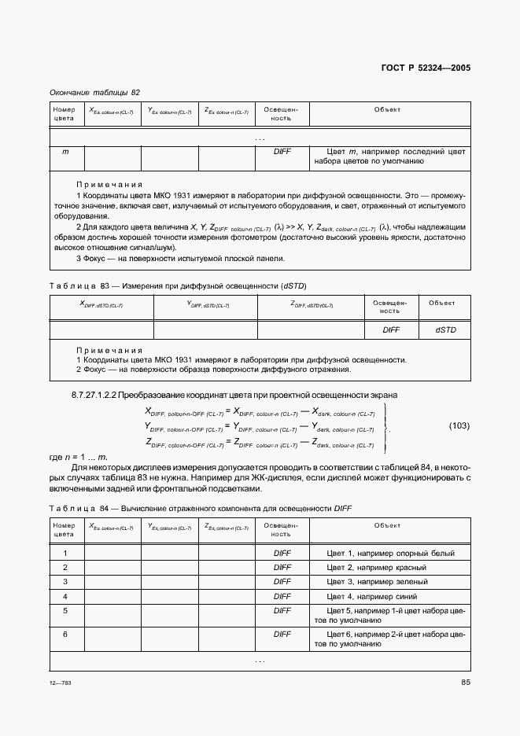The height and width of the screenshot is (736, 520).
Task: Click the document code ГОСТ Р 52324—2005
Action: tap(426, 68)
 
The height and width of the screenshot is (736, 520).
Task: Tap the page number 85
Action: tap(465, 682)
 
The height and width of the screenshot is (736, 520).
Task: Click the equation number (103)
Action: tap(459, 426)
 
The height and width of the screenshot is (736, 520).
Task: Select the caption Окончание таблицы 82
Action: tap(94, 92)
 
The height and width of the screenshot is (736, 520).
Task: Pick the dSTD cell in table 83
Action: tap(445, 330)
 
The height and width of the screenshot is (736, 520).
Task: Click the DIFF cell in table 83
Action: tap(391, 330)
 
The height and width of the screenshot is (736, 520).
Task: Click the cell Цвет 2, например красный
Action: tap(376, 568)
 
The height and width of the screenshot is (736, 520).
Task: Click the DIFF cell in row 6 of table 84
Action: tap(282, 633)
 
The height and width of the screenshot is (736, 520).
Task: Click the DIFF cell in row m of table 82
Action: tap(282, 151)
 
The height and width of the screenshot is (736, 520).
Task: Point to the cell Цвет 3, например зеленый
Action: tap(377, 582)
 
